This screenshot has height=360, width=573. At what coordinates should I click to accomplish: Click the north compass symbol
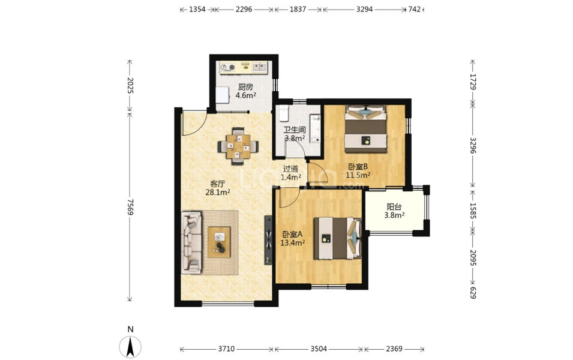130,346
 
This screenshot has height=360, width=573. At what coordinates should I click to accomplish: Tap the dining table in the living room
238,146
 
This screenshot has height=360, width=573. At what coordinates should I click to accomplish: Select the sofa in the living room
191,242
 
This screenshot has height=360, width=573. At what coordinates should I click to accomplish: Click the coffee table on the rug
219,242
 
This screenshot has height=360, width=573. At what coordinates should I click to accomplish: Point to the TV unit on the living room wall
269,240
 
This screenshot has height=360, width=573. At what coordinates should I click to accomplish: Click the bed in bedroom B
366,128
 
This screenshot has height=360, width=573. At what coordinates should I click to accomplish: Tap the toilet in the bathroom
284,113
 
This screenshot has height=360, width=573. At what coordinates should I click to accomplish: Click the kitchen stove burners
228,67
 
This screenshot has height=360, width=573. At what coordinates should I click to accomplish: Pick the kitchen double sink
259,67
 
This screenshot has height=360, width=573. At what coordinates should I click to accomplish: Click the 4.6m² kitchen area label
245,96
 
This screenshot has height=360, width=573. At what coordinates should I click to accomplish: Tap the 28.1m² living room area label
218,192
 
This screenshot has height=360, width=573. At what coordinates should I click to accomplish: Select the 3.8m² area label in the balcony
394,215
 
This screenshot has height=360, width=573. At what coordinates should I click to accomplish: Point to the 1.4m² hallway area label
291,177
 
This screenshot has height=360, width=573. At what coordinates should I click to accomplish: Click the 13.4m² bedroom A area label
293,242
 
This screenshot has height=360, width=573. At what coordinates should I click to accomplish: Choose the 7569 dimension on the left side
130,207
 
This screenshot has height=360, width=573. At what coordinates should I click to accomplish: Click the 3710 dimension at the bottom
226,349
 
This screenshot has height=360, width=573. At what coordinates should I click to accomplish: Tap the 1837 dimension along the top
298,10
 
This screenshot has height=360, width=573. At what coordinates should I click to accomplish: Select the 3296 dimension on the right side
473,146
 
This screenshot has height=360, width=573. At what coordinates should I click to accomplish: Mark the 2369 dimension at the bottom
394,349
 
